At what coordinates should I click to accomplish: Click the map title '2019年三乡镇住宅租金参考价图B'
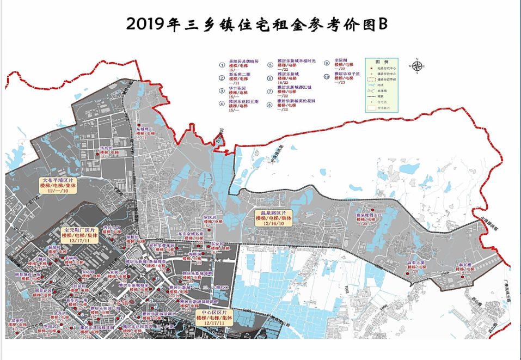(x=256, y=24)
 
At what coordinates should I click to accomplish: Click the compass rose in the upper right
(x=418, y=66)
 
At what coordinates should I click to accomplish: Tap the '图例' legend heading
(x=384, y=62)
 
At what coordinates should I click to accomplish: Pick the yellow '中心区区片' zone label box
(x=214, y=318)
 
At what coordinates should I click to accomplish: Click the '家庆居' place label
(x=210, y=217)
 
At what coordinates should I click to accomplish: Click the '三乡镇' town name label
(x=117, y=302)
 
